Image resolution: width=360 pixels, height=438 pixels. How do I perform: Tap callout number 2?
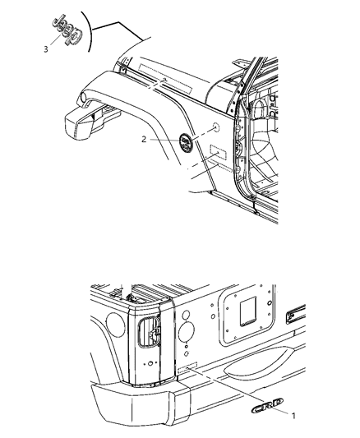pyautogui.click(x=144, y=140)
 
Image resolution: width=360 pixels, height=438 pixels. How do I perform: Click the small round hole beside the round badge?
pyautogui.click(x=213, y=129)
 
